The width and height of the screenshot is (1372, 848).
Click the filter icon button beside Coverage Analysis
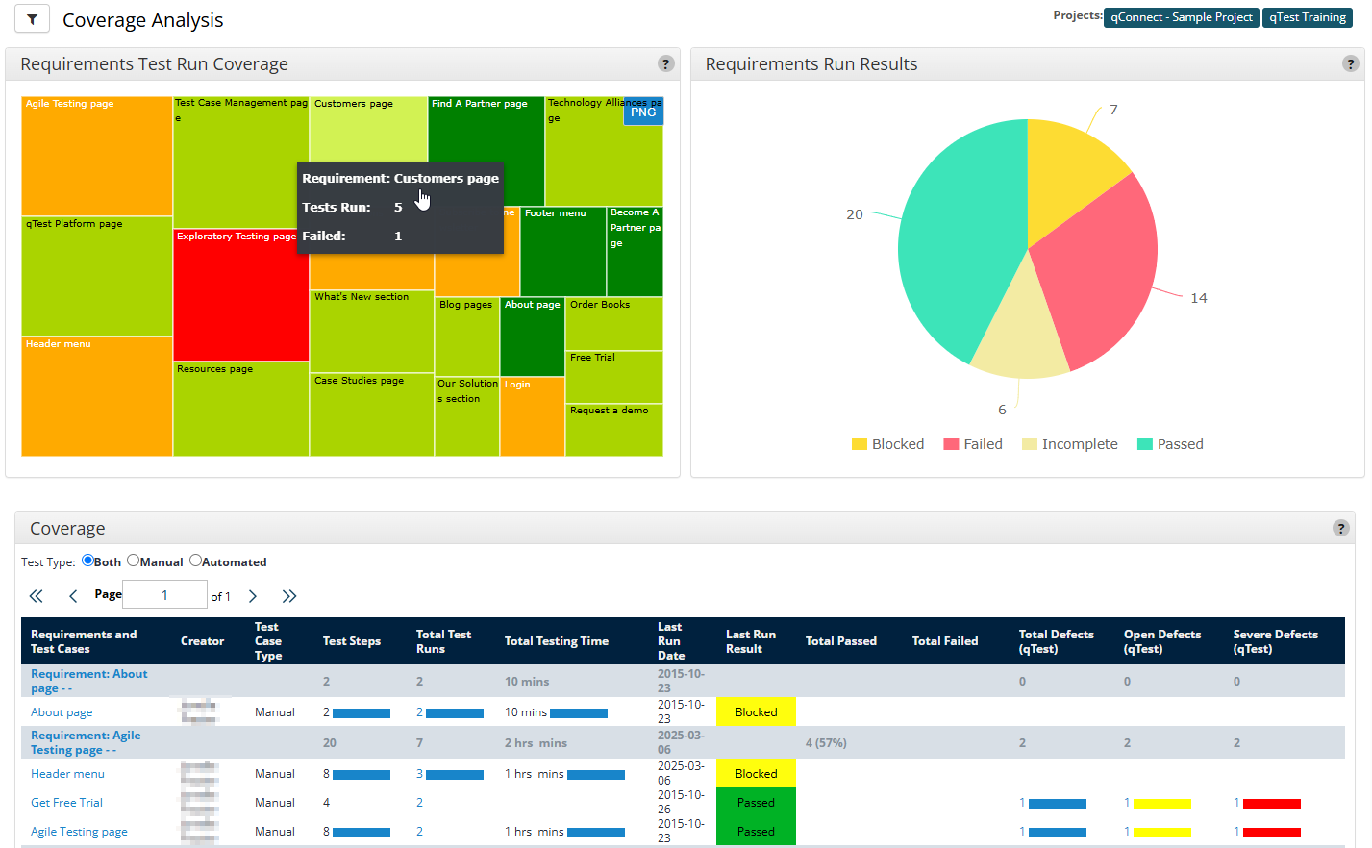32,19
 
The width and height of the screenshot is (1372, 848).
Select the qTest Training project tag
1307,17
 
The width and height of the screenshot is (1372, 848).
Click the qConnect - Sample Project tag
1181,17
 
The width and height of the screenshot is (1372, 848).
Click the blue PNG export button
643,112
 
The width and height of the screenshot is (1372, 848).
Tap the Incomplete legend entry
1069,444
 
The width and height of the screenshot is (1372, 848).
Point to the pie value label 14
1198,298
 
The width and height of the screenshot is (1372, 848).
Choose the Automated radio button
195,561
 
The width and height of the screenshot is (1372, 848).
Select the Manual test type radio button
134,561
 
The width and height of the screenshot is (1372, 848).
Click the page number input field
164,595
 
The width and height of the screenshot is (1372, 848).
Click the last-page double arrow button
289,596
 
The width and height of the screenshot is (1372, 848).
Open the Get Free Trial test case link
66,803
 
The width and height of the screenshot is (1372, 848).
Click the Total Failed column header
944,641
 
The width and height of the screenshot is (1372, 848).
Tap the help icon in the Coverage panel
1340,528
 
